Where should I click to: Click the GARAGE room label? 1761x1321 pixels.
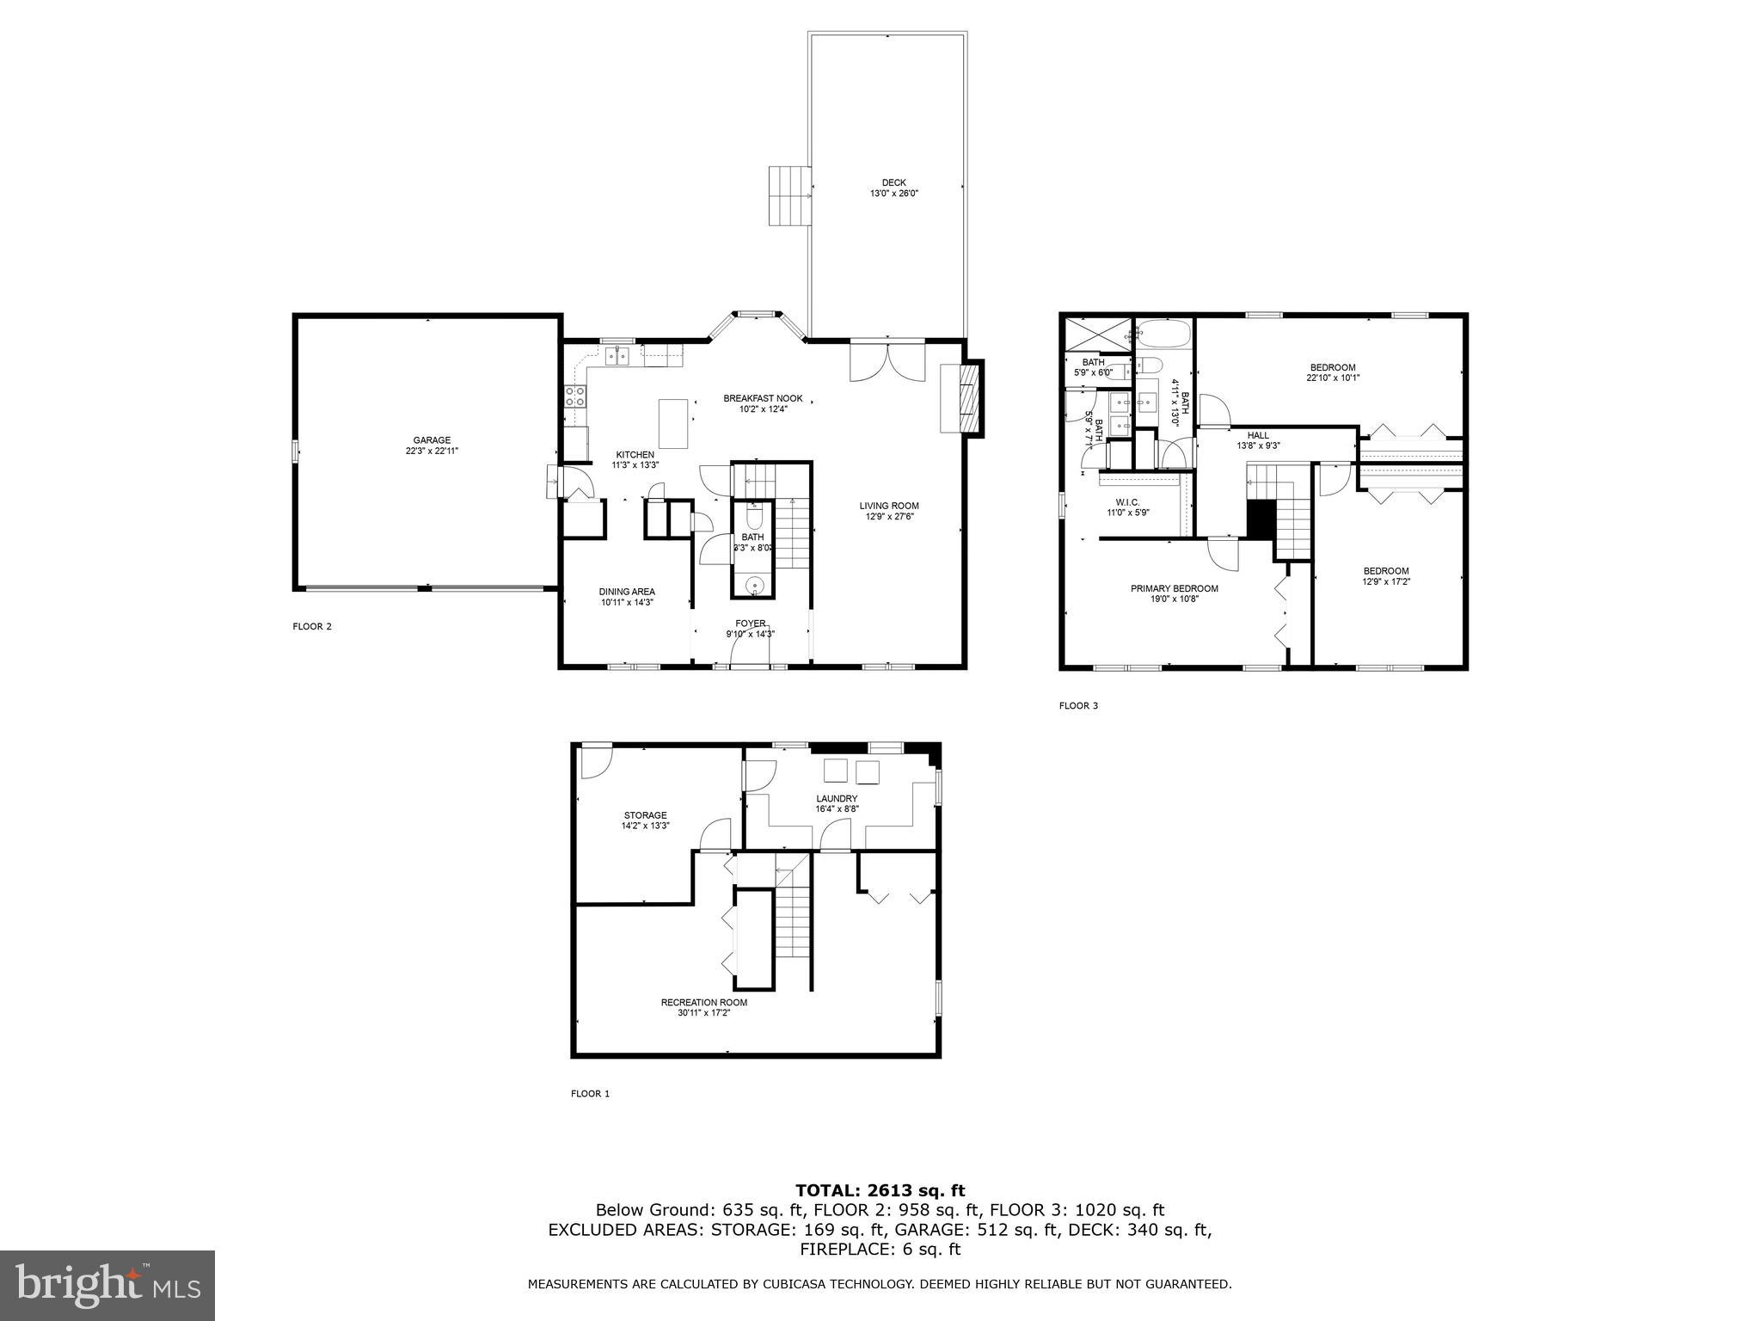[431, 440]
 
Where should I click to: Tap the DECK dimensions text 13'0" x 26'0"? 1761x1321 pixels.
[893, 194]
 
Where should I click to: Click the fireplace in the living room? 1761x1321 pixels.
[964, 399]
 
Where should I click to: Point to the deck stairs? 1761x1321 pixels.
[789, 195]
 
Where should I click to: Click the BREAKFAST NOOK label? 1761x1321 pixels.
[763, 398]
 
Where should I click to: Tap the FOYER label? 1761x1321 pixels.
[750, 624]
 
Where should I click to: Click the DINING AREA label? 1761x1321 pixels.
[627, 592]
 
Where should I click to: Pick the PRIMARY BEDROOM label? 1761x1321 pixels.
[1174, 588]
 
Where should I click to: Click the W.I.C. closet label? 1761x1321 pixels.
[1127, 502]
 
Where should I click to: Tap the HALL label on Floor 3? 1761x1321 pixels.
[1258, 435]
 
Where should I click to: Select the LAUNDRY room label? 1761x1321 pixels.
[837, 798]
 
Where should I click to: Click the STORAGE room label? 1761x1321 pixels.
[645, 815]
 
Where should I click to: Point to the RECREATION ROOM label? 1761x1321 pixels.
[703, 1002]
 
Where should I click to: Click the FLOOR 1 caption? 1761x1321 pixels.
[590, 1094]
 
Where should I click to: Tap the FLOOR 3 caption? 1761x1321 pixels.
[1078, 706]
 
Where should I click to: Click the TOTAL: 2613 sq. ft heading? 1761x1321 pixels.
[880, 1190]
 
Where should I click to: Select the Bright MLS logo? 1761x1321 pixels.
[107, 1285]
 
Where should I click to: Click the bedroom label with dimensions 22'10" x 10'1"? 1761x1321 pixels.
[1333, 367]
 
